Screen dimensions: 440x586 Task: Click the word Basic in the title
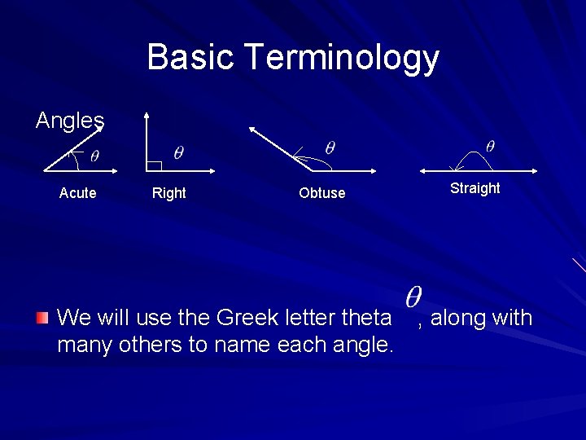click(191, 58)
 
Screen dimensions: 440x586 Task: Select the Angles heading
click(70, 121)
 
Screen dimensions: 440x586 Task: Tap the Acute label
click(77, 193)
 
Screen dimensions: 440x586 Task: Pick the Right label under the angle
click(169, 193)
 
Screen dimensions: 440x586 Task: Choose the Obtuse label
click(321, 193)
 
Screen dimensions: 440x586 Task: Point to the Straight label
click(474, 188)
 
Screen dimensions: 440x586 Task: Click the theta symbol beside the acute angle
click(94, 156)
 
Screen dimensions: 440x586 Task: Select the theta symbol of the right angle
click(178, 152)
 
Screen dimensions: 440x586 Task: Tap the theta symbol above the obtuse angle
click(330, 147)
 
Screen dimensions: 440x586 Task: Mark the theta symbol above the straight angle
click(490, 146)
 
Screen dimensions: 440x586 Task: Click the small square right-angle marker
click(155, 165)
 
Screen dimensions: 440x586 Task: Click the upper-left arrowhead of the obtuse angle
click(252, 128)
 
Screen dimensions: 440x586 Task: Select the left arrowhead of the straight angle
click(423, 171)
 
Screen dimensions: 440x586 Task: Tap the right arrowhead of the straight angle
click(534, 171)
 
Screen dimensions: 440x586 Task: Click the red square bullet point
click(43, 317)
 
